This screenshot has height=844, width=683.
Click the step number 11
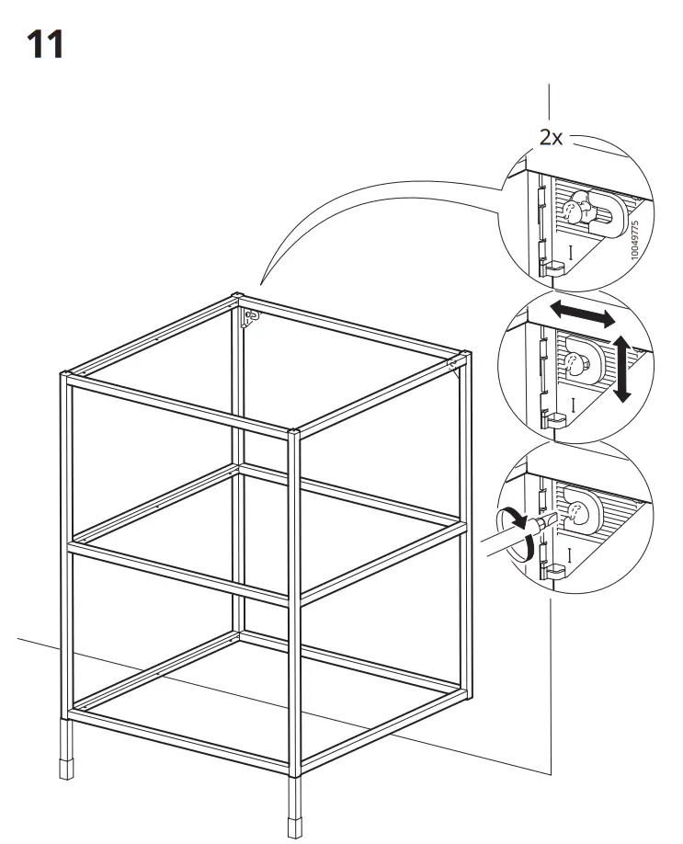click(45, 44)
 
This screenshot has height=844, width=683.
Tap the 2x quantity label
click(551, 138)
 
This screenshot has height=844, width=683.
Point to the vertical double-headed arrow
click(622, 368)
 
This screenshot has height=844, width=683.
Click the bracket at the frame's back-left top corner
click(250, 317)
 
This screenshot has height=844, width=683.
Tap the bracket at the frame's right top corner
click(453, 365)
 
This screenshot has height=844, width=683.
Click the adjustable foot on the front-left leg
click(66, 762)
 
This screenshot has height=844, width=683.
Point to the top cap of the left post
click(66, 375)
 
